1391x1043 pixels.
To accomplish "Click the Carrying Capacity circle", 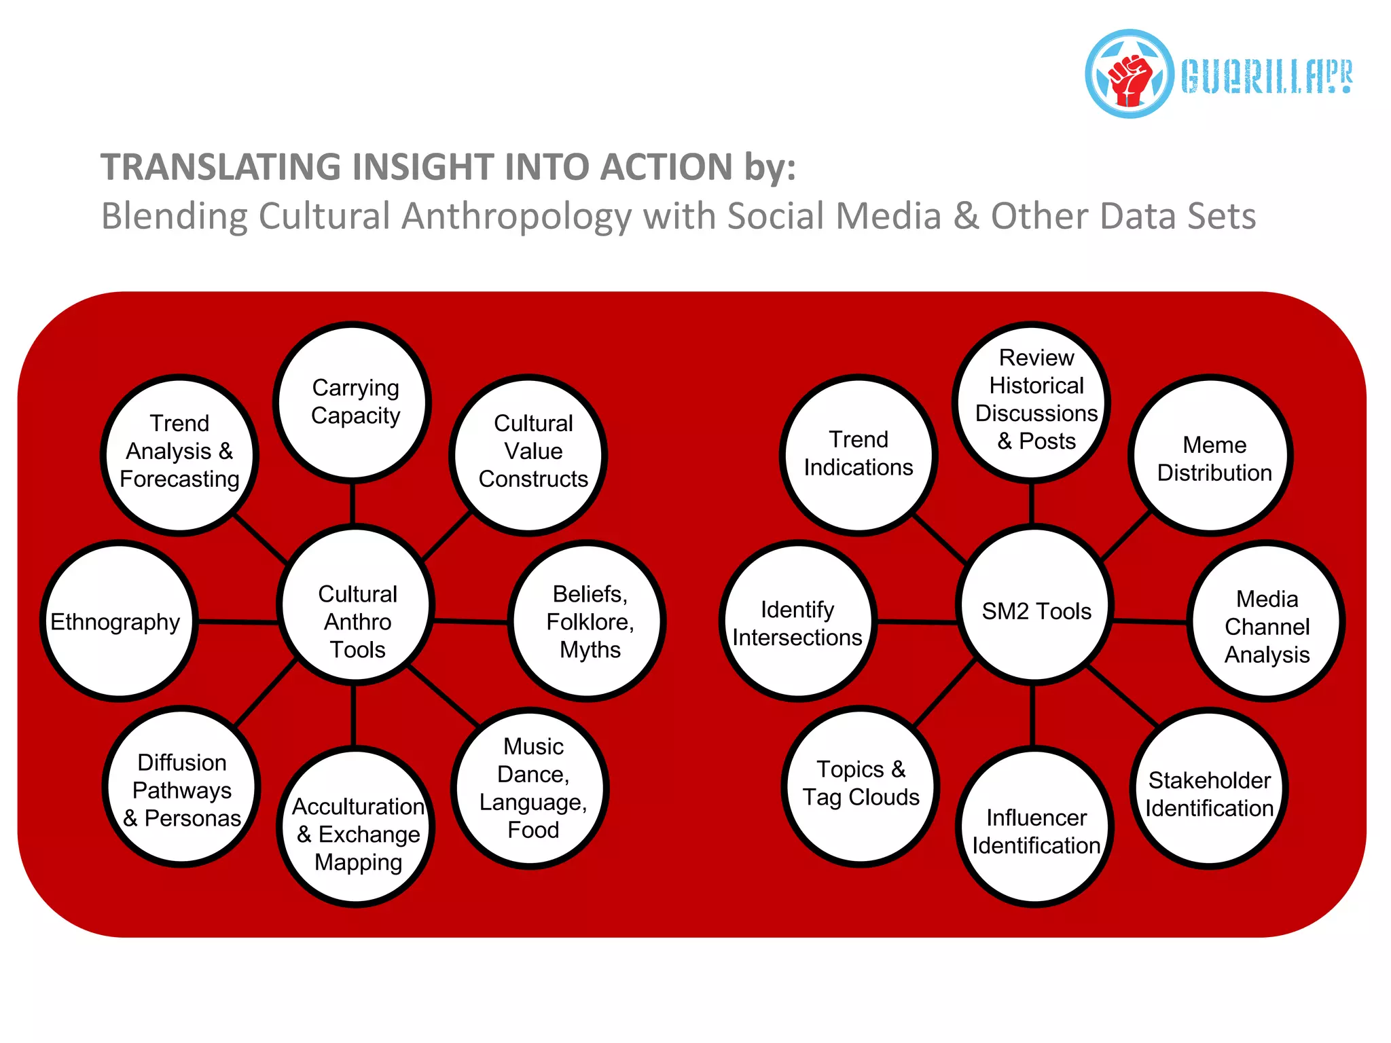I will [x=353, y=402].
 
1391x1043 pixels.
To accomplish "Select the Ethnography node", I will [x=120, y=621].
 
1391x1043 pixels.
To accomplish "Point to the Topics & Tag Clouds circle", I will [x=861, y=786].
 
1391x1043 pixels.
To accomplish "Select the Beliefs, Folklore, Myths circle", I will [x=588, y=621].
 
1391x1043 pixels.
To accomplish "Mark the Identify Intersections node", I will [x=798, y=621].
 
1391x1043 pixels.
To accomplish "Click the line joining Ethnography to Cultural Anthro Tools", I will [x=238, y=621].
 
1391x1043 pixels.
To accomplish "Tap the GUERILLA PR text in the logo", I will [x=1267, y=76].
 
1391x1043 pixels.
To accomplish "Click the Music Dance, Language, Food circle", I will [x=530, y=788].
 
